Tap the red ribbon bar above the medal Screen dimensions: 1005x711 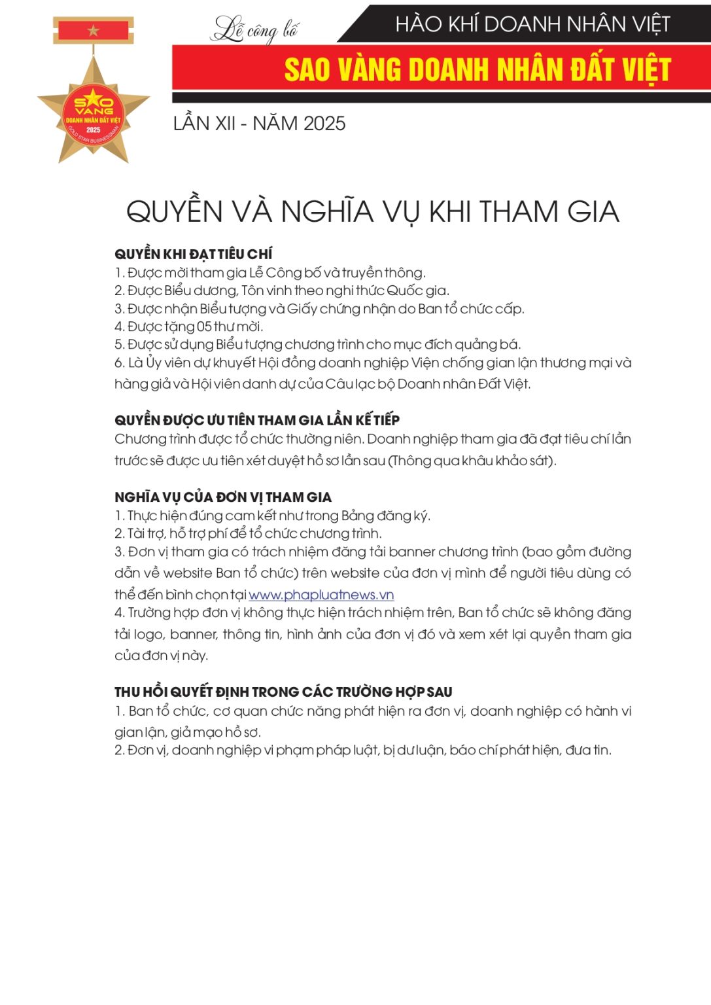point(93,30)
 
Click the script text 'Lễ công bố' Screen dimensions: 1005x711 point(255,30)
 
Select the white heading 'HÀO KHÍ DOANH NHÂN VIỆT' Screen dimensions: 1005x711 point(532,24)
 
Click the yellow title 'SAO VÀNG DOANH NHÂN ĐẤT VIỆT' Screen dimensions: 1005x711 point(477,69)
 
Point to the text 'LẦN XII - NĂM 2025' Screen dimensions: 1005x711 point(259,123)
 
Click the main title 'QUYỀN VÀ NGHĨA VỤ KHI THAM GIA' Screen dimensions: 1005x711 point(372,211)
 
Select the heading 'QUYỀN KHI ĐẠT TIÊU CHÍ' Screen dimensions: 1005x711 point(193,254)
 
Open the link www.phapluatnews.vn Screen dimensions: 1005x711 point(321,595)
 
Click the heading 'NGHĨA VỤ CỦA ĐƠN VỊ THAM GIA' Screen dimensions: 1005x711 point(222,497)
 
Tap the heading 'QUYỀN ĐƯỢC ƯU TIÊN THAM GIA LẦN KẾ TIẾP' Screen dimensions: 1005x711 point(256,420)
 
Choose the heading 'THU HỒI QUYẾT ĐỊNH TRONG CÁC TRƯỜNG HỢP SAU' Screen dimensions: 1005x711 point(283,692)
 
